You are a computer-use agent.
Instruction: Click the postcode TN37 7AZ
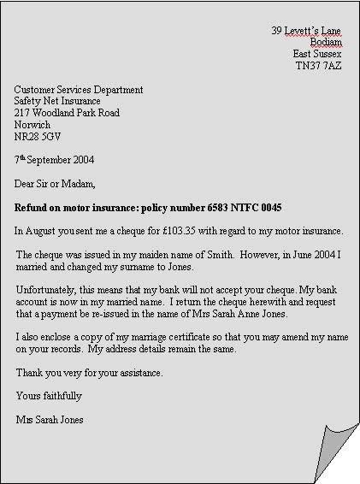(318, 65)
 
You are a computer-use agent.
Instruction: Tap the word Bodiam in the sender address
(326, 42)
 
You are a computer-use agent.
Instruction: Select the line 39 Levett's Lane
(306, 30)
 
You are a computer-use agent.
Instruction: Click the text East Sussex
(316, 53)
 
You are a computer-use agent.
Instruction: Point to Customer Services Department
(79, 89)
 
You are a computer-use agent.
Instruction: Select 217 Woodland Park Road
(67, 113)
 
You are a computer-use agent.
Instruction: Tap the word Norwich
(32, 125)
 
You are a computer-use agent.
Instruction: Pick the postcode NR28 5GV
(38, 136)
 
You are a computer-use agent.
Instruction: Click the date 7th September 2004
(54, 159)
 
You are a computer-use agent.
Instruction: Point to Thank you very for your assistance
(89, 373)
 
